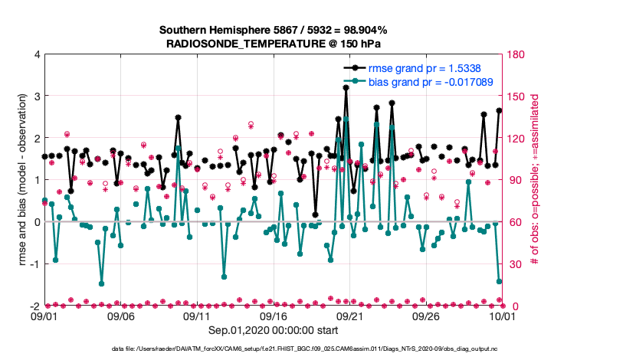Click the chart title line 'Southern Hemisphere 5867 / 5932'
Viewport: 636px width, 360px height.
[x=273, y=30]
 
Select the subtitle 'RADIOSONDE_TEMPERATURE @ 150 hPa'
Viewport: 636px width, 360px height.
[x=273, y=44]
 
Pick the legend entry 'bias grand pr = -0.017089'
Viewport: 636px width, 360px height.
[x=430, y=81]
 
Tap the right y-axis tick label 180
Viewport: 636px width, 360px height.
[x=515, y=54]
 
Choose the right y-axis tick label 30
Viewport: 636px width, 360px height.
[x=513, y=264]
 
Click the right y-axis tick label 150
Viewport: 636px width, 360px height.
[x=515, y=97]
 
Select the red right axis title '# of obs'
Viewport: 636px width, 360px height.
[x=535, y=180]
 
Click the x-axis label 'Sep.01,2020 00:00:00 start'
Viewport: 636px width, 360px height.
[x=273, y=332]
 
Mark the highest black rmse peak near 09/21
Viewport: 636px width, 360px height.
[x=346, y=88]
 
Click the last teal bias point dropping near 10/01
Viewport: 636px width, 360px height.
[x=499, y=282]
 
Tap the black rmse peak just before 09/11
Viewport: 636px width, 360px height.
[x=178, y=118]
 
